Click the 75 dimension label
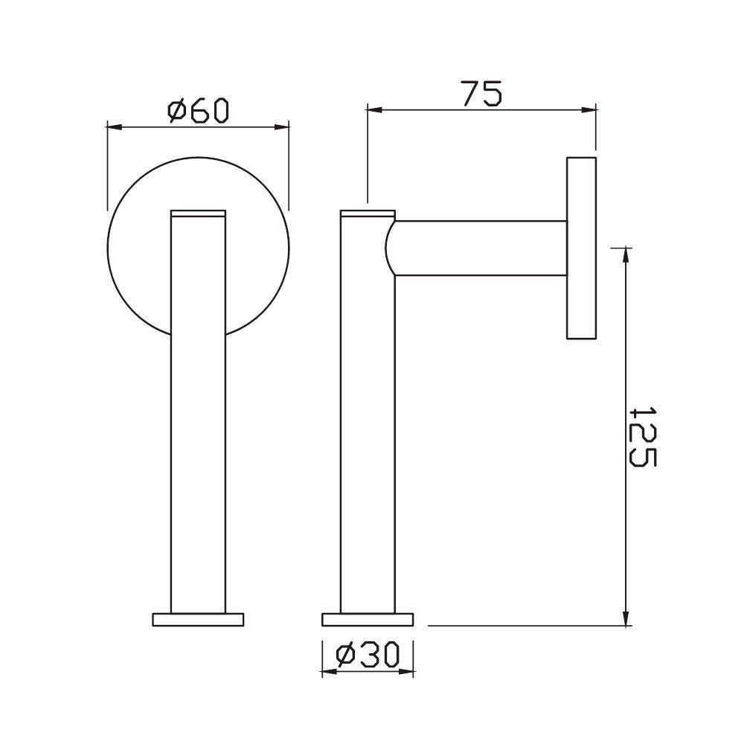coord(481,94)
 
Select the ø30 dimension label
coord(368,655)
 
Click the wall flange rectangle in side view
coord(582,248)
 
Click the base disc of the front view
coord(198,619)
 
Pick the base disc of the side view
coord(367,619)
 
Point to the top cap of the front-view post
coord(198,213)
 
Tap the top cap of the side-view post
coord(367,214)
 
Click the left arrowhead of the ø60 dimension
coord(113,127)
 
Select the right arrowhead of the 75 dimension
coord(591,111)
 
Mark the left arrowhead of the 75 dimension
coord(372,111)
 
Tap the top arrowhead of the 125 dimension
coord(626,253)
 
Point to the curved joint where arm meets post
coord(390,248)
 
